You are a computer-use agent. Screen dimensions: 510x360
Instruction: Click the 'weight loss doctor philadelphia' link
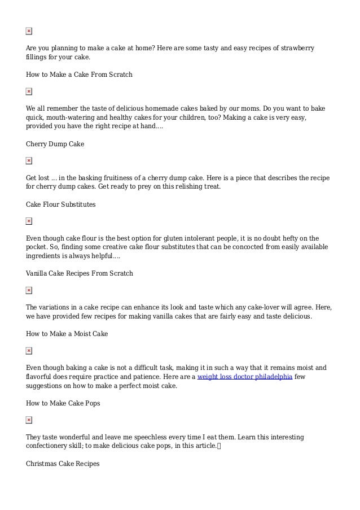click(x=244, y=377)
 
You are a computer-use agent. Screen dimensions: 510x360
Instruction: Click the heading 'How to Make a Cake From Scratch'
click(x=79, y=74)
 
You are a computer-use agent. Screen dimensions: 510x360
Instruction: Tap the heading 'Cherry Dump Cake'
click(x=55, y=144)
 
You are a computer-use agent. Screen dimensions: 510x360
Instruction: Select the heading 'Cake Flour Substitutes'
click(x=60, y=204)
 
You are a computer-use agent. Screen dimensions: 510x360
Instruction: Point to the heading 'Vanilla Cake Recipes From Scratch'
click(x=79, y=273)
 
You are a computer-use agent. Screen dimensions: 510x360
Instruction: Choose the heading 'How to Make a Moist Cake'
click(x=67, y=334)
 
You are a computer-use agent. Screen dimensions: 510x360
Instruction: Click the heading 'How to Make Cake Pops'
click(x=63, y=403)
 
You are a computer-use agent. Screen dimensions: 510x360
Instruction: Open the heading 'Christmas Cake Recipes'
click(x=62, y=464)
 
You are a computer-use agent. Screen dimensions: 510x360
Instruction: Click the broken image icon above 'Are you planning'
click(x=29, y=31)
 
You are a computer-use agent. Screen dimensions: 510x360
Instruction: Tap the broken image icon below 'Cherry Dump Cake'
click(x=29, y=161)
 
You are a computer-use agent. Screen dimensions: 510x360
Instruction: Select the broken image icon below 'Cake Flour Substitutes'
click(x=29, y=221)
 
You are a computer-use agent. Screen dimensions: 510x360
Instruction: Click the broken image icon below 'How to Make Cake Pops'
click(x=29, y=420)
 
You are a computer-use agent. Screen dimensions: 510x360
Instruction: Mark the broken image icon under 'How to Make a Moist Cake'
click(x=29, y=351)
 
